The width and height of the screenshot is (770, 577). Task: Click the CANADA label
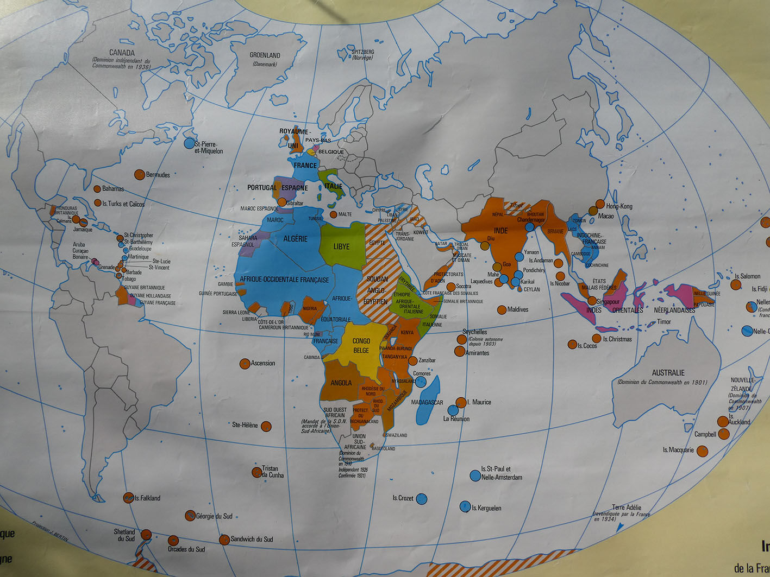pyautogui.click(x=122, y=53)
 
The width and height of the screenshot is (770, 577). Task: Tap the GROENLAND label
pyautogui.click(x=265, y=55)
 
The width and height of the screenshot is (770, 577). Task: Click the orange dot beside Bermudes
pyautogui.click(x=139, y=174)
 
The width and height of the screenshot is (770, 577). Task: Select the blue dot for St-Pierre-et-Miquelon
pyautogui.click(x=189, y=143)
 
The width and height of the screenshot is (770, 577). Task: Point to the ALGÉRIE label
pyautogui.click(x=295, y=239)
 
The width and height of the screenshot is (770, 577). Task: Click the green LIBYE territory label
pyautogui.click(x=341, y=246)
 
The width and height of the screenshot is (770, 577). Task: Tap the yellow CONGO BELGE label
pyautogui.click(x=361, y=345)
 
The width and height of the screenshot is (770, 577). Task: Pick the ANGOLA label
pyautogui.click(x=341, y=383)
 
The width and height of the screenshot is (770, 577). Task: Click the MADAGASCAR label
pyautogui.click(x=427, y=402)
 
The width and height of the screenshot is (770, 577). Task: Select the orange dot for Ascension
pyautogui.click(x=245, y=364)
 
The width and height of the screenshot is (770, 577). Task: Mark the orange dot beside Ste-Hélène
pyautogui.click(x=266, y=426)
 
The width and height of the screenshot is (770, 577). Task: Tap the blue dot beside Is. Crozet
pyautogui.click(x=421, y=499)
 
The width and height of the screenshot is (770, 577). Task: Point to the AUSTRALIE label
pyautogui.click(x=668, y=373)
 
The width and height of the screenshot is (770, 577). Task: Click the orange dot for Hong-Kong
pyautogui.click(x=600, y=204)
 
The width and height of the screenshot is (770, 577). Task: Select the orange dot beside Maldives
pyautogui.click(x=502, y=310)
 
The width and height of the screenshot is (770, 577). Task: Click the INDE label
pyautogui.click(x=500, y=231)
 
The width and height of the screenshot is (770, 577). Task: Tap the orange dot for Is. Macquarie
pyautogui.click(x=702, y=451)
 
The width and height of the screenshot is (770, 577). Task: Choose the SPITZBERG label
pyautogui.click(x=362, y=52)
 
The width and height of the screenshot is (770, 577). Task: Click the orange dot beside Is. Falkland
pyautogui.click(x=128, y=497)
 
